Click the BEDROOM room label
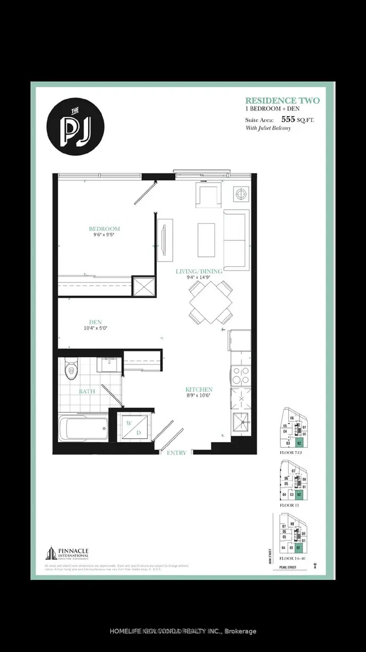pyautogui.click(x=108, y=228)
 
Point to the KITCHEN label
pyautogui.click(x=199, y=389)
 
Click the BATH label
pyautogui.click(x=86, y=392)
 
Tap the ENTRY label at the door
pyautogui.click(x=177, y=453)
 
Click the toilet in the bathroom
pyautogui.click(x=70, y=368)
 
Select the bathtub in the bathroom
pyautogui.click(x=83, y=428)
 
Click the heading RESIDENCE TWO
pyautogui.click(x=282, y=101)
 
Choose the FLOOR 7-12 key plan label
pyautogui.click(x=289, y=452)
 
